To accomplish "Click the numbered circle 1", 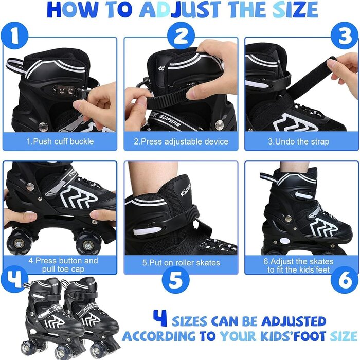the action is click(14, 36).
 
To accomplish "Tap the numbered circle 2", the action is click(181, 36).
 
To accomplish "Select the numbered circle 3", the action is click(345, 36).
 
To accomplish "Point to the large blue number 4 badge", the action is click(14, 279).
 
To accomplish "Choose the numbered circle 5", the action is click(176, 280).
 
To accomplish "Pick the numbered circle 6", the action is click(345, 280).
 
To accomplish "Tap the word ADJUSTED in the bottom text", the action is click(294, 321).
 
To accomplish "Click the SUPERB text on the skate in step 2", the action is click(169, 120).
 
